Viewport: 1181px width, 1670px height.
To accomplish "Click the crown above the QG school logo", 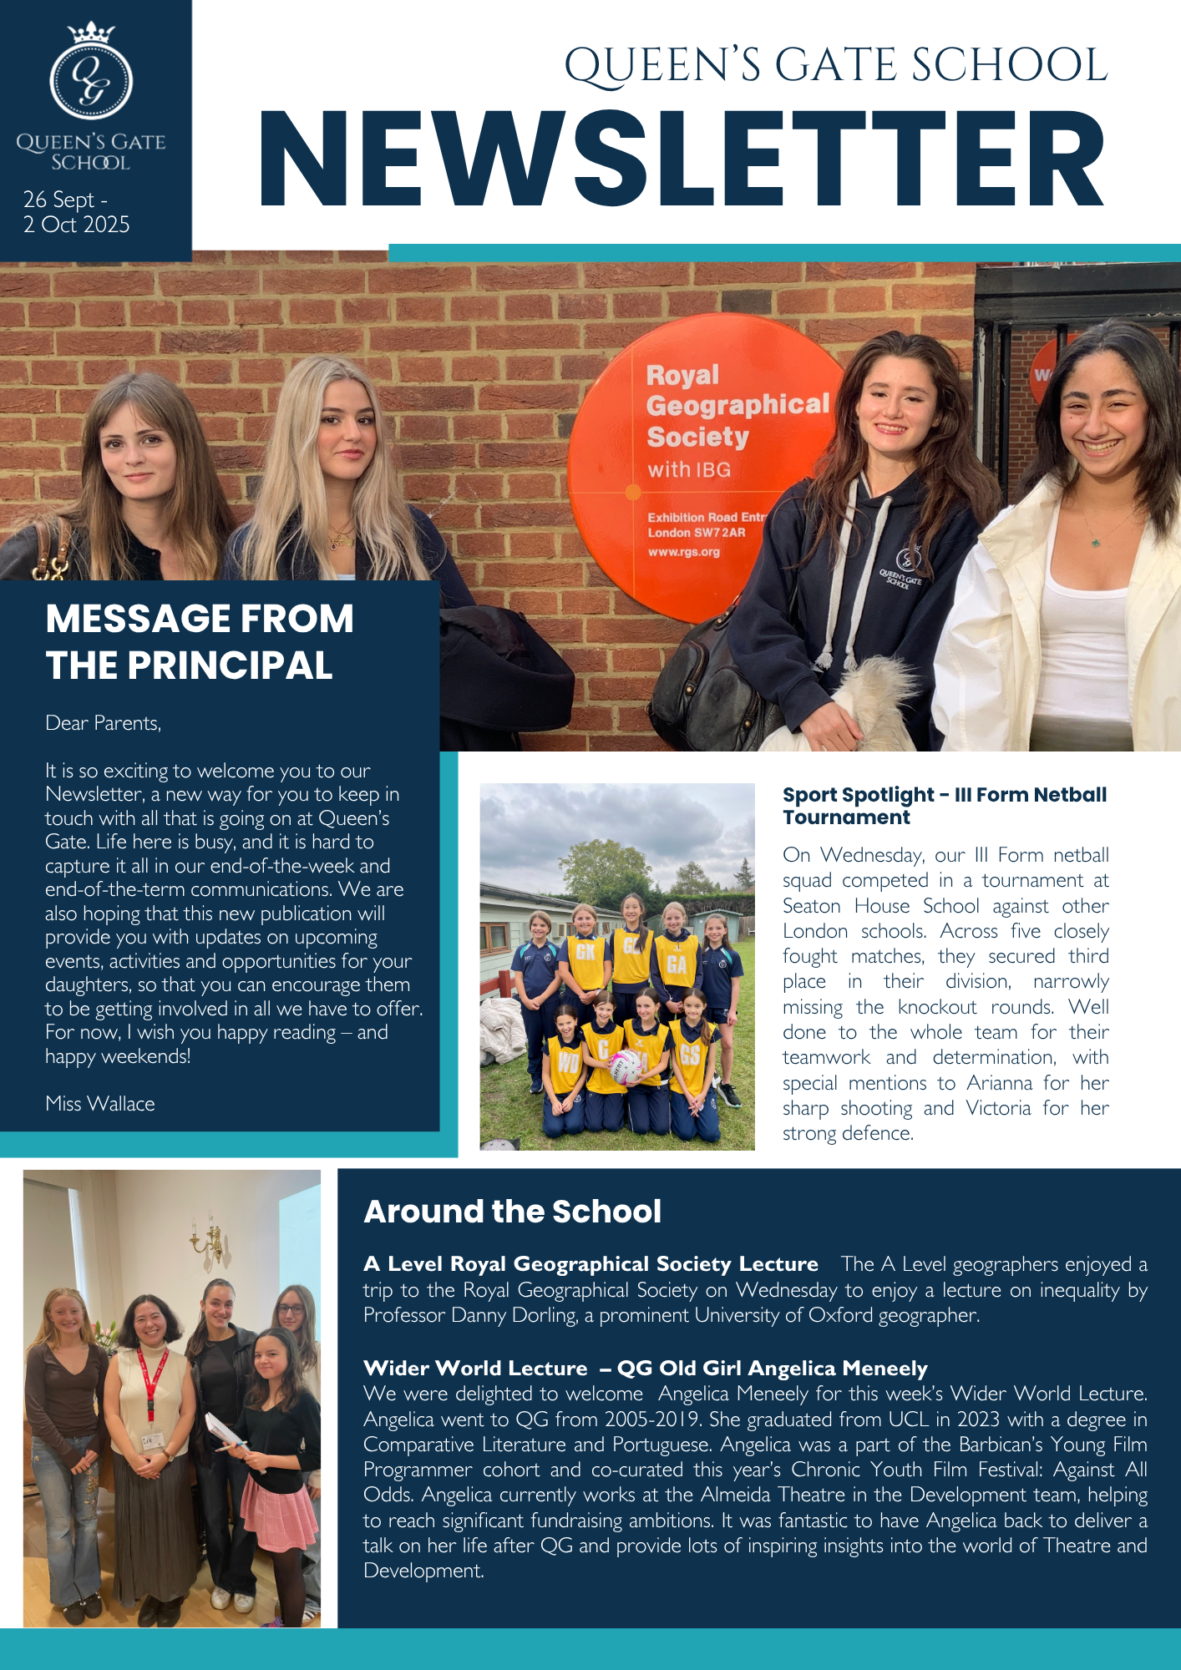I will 90,33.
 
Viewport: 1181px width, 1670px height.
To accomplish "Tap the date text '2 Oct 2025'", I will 77,225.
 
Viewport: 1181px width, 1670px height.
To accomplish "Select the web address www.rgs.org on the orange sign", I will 683,552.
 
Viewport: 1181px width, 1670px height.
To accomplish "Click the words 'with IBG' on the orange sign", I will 689,470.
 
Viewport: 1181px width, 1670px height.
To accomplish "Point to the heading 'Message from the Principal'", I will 200,642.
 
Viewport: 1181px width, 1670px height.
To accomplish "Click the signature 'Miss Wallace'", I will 100,1104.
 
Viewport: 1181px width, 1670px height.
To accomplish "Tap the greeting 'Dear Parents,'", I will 104,723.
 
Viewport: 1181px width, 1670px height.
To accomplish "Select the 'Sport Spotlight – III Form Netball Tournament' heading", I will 945,806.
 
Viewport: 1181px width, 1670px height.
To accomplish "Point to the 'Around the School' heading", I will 512,1212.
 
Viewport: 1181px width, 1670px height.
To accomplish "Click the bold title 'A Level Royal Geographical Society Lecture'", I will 590,1264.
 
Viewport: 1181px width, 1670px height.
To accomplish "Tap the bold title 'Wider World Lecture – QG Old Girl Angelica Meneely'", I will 645,1368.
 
